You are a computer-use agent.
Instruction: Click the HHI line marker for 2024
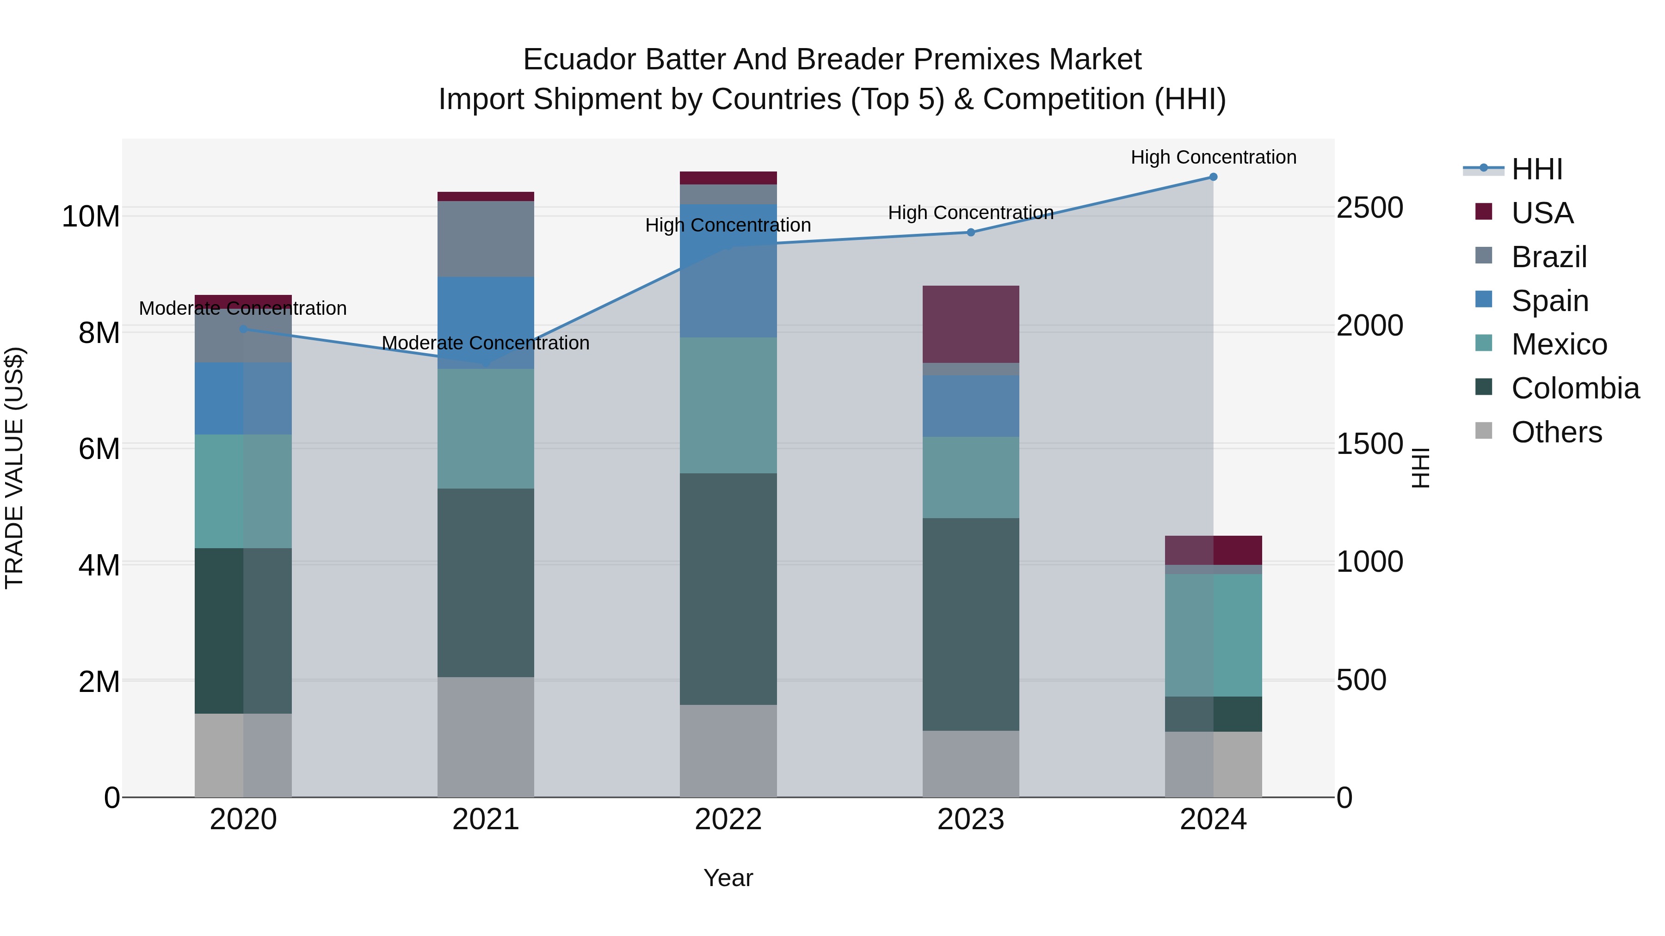(1213, 177)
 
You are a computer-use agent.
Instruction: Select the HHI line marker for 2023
(971, 232)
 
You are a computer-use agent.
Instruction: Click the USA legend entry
(1542, 213)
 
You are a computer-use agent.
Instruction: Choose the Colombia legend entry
(1574, 388)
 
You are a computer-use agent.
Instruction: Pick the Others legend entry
(1556, 432)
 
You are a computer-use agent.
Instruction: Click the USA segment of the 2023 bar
(971, 324)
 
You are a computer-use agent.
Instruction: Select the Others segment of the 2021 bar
(486, 737)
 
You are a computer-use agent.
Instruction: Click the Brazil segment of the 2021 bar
(486, 239)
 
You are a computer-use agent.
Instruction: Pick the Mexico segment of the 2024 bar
(1213, 635)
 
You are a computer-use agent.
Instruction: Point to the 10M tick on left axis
(91, 216)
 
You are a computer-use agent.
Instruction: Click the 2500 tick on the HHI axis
(1369, 208)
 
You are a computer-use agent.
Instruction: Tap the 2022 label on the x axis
(728, 820)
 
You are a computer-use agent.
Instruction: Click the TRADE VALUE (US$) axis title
(14, 468)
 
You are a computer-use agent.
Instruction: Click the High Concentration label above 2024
(1213, 158)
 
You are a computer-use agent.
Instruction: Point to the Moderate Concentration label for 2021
(486, 343)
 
